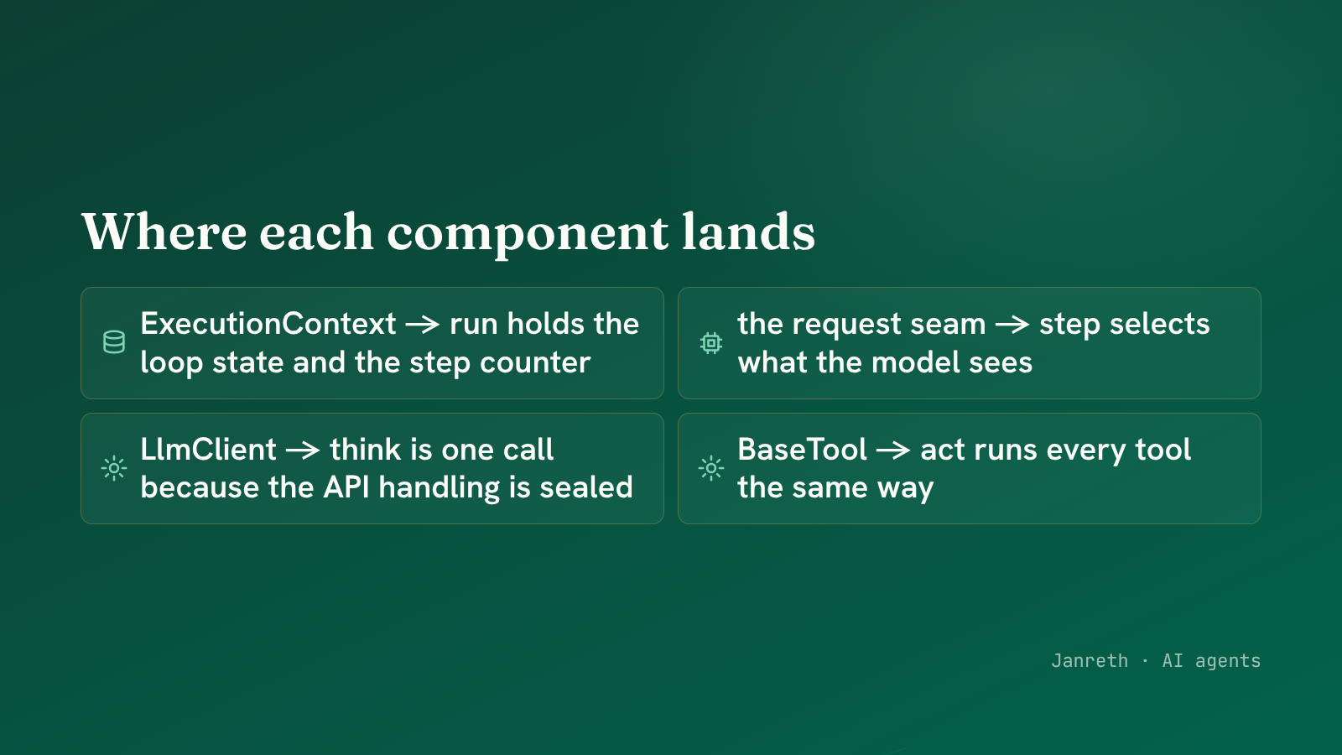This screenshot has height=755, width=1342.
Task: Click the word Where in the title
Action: click(x=164, y=232)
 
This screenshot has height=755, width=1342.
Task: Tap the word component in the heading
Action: click(x=528, y=236)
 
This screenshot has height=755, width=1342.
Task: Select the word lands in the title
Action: click(x=748, y=231)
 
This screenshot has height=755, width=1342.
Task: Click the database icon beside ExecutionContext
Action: click(x=114, y=342)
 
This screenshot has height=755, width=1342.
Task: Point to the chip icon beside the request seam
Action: click(x=711, y=343)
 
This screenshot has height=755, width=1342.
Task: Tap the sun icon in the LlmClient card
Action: click(x=114, y=468)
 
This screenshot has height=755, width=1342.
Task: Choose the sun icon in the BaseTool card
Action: click(x=711, y=468)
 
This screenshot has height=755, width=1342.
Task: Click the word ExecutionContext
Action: click(x=268, y=324)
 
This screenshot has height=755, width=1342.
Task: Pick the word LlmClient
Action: click(x=208, y=450)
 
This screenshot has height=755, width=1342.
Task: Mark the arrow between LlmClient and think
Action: click(x=303, y=450)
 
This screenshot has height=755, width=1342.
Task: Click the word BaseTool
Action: click(x=802, y=450)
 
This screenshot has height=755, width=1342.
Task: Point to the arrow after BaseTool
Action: click(x=893, y=450)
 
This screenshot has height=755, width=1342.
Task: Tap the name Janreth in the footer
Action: click(x=1090, y=660)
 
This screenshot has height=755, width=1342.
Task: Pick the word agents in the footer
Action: click(x=1228, y=662)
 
